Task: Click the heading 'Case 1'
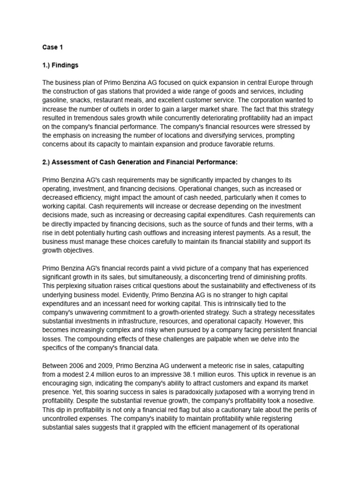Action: tap(52, 47)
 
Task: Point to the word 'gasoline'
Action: tap(56, 100)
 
